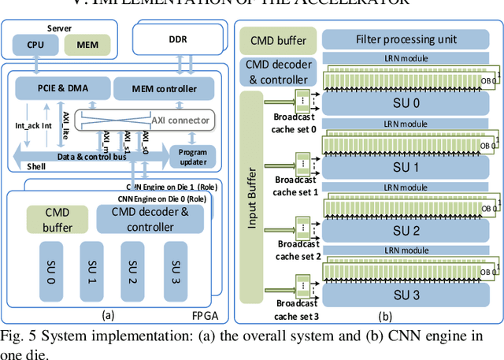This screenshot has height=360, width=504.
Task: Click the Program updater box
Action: coord(192,156)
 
